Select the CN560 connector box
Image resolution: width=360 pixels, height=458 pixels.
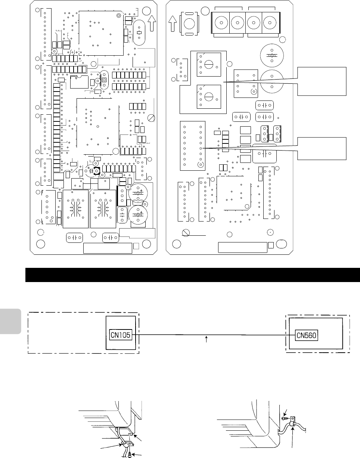307,335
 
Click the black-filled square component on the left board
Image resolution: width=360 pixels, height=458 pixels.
96,171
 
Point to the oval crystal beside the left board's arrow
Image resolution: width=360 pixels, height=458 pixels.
139,33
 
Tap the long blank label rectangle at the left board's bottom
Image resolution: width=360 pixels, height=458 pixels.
107,247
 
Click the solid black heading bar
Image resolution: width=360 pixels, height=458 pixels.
192,275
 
